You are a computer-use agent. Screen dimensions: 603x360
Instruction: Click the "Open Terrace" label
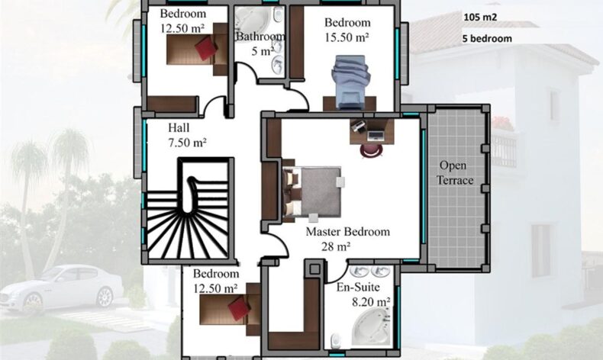456,173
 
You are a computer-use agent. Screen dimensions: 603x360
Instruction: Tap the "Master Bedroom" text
347,232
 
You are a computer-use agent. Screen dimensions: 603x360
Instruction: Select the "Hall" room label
179,127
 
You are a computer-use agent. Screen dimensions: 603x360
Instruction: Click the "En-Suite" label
358,287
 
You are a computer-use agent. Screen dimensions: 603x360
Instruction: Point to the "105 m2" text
480,18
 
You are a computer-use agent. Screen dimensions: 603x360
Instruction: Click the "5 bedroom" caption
487,39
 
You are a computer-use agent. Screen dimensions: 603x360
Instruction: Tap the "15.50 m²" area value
347,37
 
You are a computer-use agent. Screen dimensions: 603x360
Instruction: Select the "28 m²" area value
336,246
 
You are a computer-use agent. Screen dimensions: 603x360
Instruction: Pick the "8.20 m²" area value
371,302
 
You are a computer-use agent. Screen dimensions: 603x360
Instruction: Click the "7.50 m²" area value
187,143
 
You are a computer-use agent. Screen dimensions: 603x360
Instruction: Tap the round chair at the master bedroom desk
372,150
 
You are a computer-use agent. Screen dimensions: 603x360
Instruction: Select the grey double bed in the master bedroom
311,191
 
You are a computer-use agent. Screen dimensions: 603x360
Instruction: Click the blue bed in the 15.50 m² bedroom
350,82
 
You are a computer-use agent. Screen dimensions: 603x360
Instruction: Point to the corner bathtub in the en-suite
371,326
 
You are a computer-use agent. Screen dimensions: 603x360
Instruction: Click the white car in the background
62,287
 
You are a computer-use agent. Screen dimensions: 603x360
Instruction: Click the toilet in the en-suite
337,340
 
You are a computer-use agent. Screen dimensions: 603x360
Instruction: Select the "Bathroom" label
260,37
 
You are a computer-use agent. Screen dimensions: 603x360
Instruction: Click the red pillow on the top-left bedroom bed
206,47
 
